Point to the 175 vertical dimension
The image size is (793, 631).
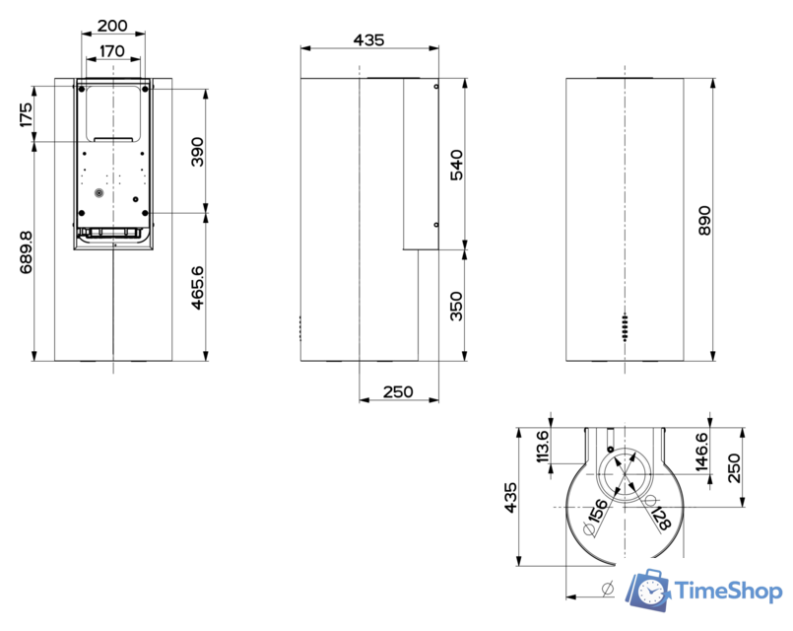pyautogui.click(x=25, y=115)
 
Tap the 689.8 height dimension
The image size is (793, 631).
pyautogui.click(x=25, y=252)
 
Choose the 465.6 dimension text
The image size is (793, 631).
pyautogui.click(x=198, y=288)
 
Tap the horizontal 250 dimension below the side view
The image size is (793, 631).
pyautogui.click(x=397, y=392)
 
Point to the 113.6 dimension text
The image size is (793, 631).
pyautogui.click(x=540, y=448)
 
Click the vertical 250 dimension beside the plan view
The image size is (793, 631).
pyautogui.click(x=733, y=467)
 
